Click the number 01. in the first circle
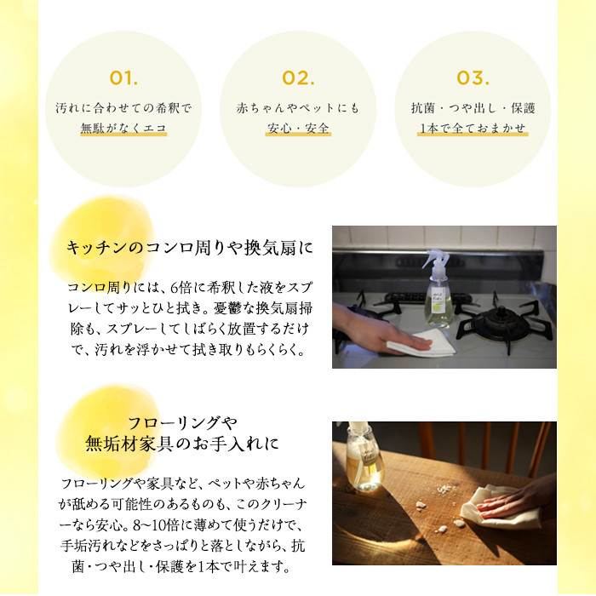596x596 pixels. coord(123,78)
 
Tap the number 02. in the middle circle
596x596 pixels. coord(298,78)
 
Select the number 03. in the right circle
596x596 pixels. coord(473,78)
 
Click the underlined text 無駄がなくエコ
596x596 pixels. coord(123,128)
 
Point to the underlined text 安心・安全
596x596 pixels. coord(298,128)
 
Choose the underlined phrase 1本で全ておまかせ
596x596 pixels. coord(473,128)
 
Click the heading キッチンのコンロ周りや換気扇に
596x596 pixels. coord(189,248)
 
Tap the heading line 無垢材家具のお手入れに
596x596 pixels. coord(182,444)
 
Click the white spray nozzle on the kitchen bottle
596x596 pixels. coord(436,261)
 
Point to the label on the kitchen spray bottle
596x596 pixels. coord(438,301)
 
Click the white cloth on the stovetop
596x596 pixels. coord(422,344)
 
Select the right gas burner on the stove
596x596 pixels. coord(501,323)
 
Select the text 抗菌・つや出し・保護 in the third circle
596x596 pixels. coord(473,108)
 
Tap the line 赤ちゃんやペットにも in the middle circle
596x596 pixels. coord(298,108)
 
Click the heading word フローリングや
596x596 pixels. coord(182,422)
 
